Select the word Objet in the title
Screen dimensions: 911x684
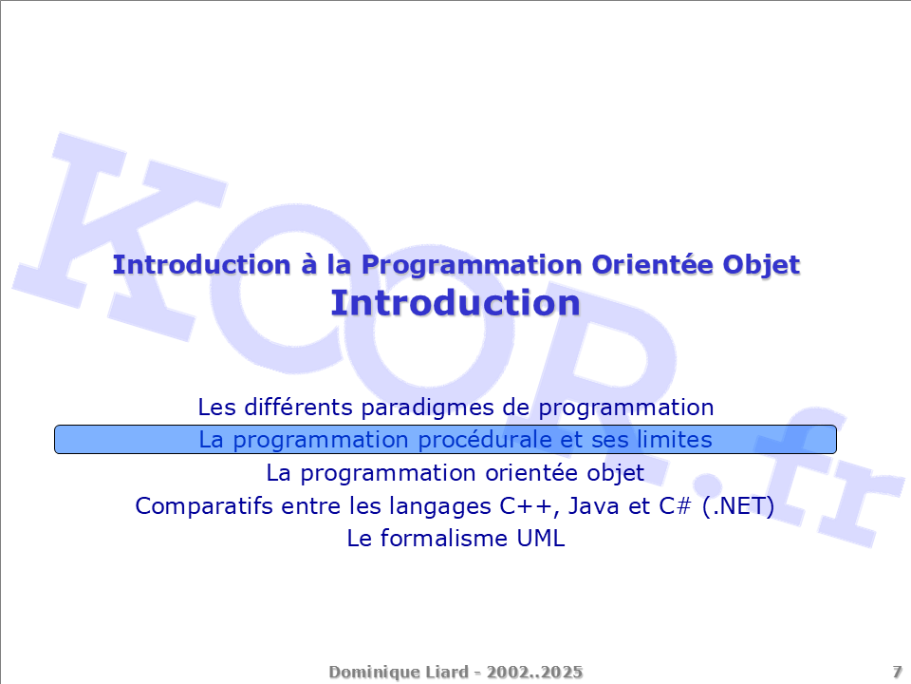[x=761, y=265]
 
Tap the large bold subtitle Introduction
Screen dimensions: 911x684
[x=455, y=303]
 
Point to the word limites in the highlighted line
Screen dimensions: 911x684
[x=675, y=440]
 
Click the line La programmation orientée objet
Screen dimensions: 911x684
[x=455, y=473]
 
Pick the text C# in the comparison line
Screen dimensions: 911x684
[x=675, y=506]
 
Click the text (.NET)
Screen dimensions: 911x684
[x=738, y=506]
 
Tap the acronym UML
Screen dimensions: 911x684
[x=540, y=539]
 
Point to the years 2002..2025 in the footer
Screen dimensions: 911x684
[x=534, y=672]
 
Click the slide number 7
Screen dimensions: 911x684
[x=897, y=672]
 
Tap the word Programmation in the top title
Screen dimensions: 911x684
[x=472, y=266]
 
